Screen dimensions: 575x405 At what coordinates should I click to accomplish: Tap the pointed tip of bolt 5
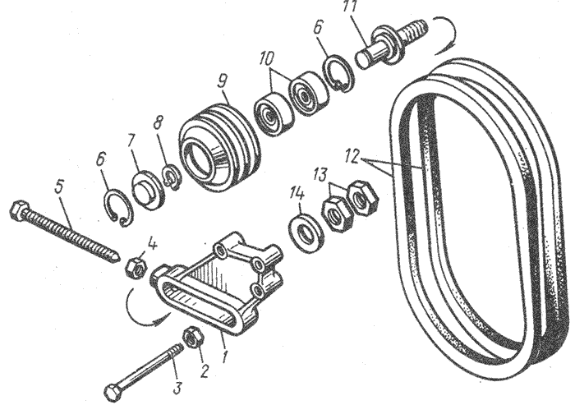coord(116,257)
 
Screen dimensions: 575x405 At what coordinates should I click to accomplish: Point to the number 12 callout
coord(353,156)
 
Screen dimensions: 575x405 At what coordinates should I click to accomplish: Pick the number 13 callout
coord(320,175)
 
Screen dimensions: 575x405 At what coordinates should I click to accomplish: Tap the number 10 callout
coord(268,58)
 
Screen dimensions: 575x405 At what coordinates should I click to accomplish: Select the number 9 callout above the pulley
coord(223,82)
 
